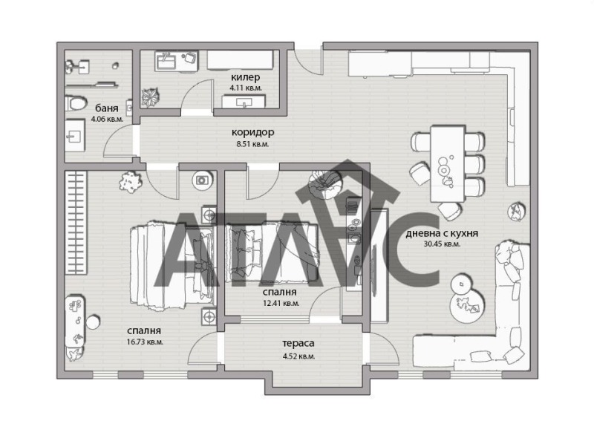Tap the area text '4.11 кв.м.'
[247, 88]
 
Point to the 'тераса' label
[298, 344]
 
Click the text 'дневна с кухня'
[441, 233]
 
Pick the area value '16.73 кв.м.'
[144, 342]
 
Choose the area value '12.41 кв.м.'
[280, 303]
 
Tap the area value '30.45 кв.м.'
[441, 244]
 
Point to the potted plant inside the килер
[151, 97]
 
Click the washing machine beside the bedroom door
[202, 179]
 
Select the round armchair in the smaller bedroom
[326, 183]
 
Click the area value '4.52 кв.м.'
[298, 356]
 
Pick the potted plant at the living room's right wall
[514, 212]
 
